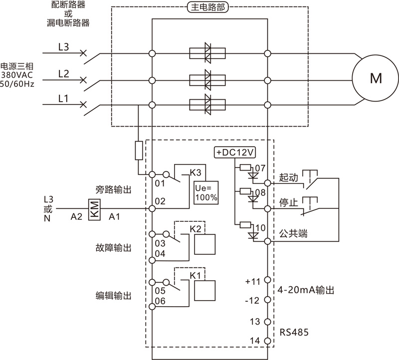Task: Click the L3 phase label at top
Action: [x=63, y=48]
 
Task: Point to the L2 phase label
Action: [x=63, y=74]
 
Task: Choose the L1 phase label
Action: [x=63, y=99]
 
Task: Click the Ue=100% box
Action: [x=206, y=191]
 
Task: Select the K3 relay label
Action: [x=195, y=173]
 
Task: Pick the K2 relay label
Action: [x=195, y=229]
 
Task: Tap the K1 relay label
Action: [x=195, y=275]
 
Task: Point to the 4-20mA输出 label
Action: [x=305, y=290]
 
